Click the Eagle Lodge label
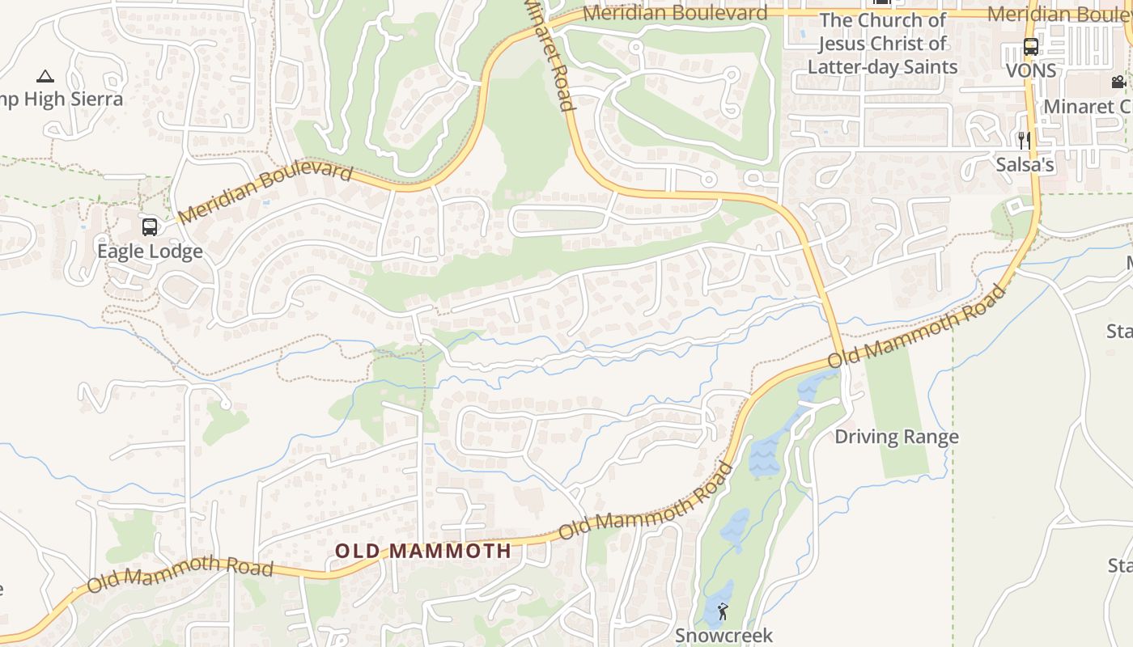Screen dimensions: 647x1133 click(x=150, y=252)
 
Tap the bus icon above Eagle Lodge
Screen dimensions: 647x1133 click(x=150, y=227)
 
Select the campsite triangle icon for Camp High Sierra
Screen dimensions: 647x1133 click(x=45, y=77)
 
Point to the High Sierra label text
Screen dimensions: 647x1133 click(x=74, y=99)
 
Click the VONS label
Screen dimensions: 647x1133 click(x=1031, y=71)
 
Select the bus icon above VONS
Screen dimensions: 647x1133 click(x=1030, y=47)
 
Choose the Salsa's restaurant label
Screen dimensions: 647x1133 click(x=1025, y=165)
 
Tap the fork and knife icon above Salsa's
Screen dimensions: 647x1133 click(x=1025, y=141)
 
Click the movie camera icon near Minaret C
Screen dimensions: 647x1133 click(x=1118, y=82)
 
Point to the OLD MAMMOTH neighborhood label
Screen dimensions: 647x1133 click(x=423, y=552)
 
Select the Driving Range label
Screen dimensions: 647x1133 click(x=896, y=437)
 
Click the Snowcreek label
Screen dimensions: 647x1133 click(x=724, y=636)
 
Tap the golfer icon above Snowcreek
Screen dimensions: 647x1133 click(x=723, y=611)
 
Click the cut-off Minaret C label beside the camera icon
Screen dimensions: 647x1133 click(x=1088, y=107)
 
